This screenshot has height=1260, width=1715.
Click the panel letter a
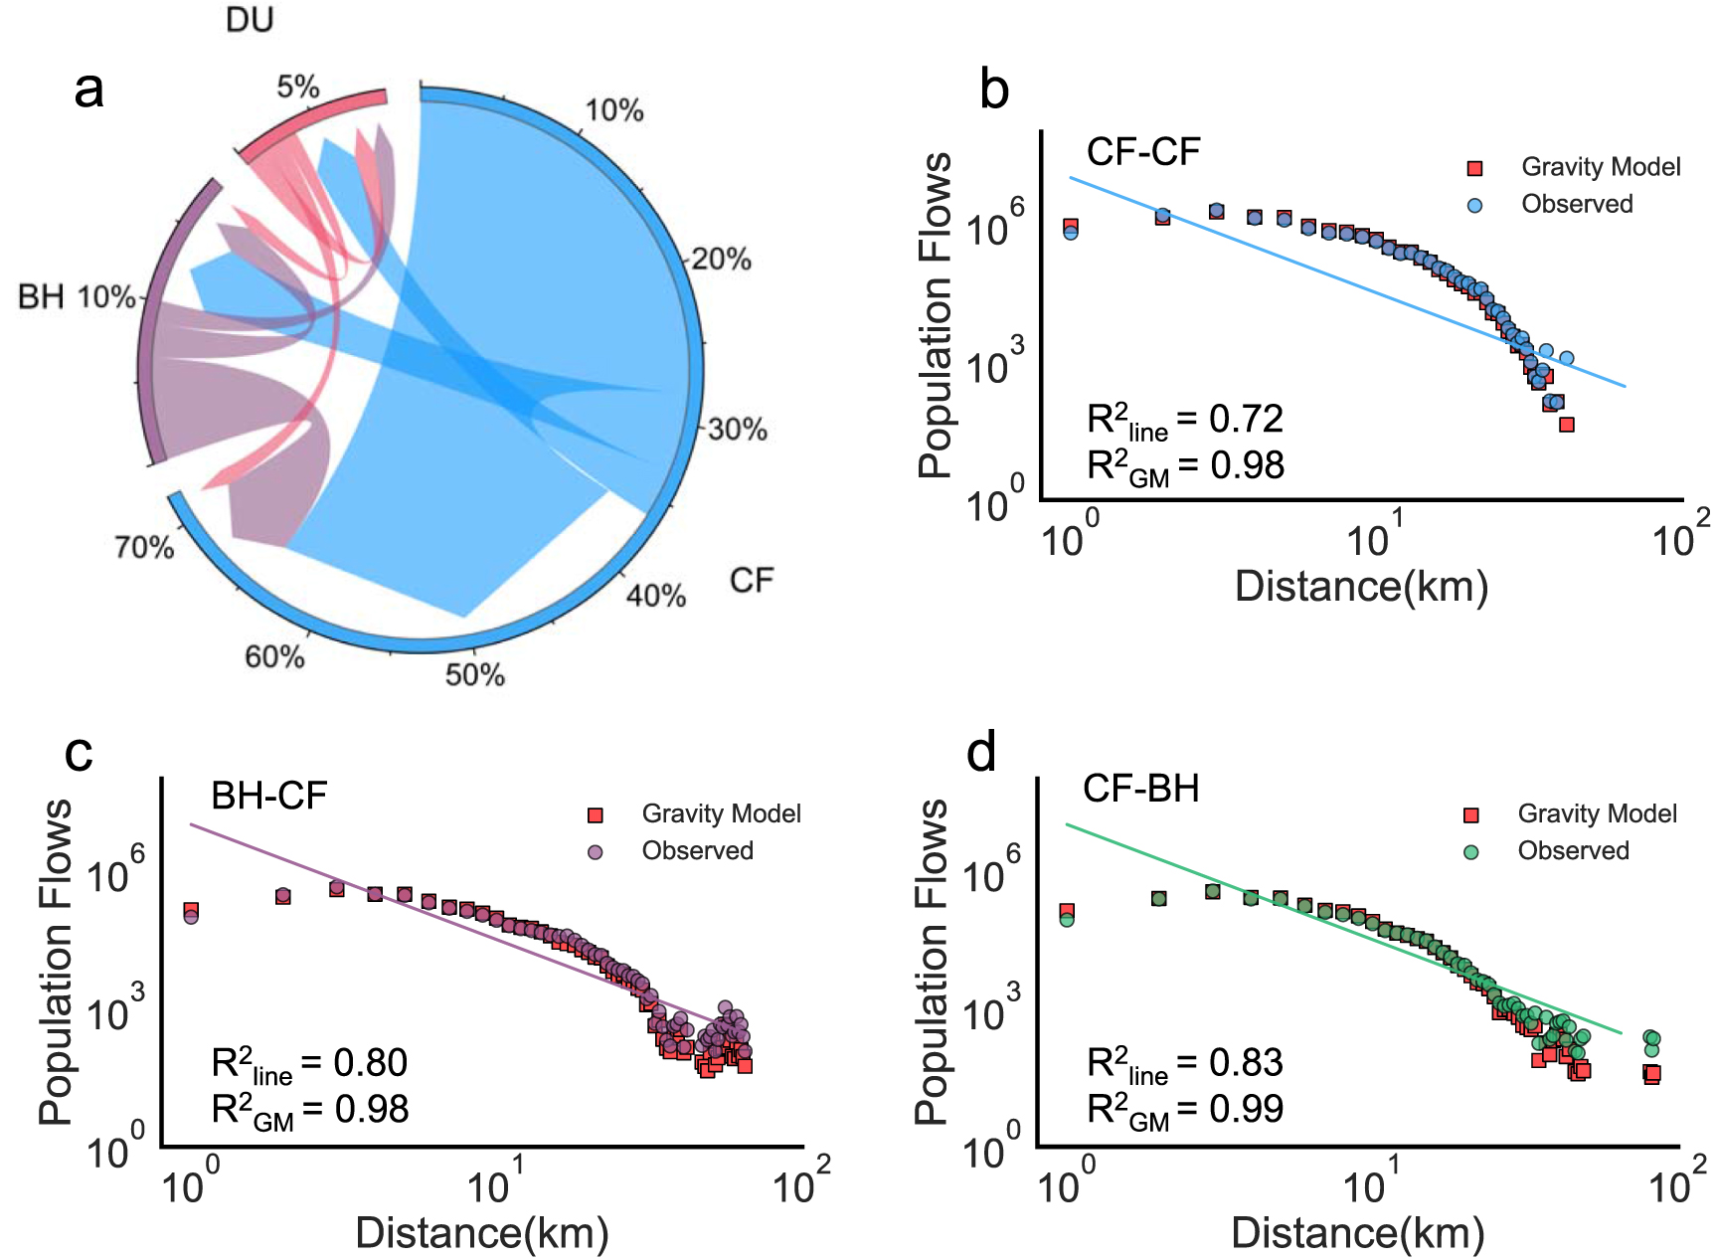coord(88,90)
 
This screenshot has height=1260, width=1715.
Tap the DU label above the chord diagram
coord(250,19)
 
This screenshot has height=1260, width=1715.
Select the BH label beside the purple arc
coord(41,296)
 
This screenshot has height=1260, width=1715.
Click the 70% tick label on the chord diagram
coord(144,547)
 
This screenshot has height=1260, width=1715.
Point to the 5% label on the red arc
coord(298,88)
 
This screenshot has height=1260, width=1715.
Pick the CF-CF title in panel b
coord(1143,152)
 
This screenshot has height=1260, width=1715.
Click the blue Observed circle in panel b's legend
coord(1474,205)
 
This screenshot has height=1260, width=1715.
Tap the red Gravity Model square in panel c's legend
coord(596,815)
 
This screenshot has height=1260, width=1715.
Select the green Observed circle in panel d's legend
coord(1471,851)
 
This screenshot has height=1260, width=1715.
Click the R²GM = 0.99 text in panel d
coord(1185,1111)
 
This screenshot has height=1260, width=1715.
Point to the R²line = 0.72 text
coord(1185,422)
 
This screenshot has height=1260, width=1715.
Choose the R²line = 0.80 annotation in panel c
coord(309,1065)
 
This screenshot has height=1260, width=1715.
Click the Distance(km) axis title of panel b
coord(1361,586)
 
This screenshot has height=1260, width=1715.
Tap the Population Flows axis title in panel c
coord(58,962)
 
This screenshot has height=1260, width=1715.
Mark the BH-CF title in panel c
coord(268,796)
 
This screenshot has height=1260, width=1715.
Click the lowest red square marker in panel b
coord(1567,425)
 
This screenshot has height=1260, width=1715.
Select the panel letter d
coord(981,753)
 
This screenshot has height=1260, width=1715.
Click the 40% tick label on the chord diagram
coord(656,596)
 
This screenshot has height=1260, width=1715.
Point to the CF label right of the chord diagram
coord(751,580)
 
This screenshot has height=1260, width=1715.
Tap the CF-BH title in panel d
coord(1141,789)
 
